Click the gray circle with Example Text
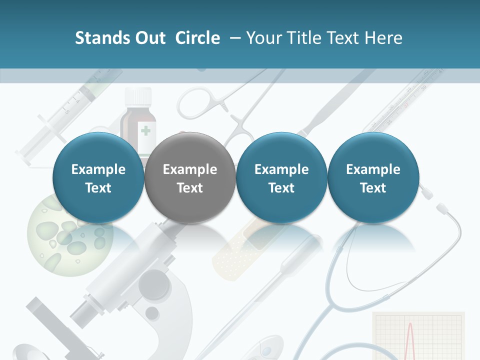tap(190, 178)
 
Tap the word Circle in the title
tap(197, 38)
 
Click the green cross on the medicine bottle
tap(145, 131)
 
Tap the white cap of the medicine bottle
tap(138, 95)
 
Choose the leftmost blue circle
tap(98, 178)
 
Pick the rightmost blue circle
tap(373, 178)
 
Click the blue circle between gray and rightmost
tap(281, 178)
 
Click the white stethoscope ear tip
tap(442, 207)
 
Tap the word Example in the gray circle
tap(190, 169)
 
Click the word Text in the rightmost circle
tap(373, 188)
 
